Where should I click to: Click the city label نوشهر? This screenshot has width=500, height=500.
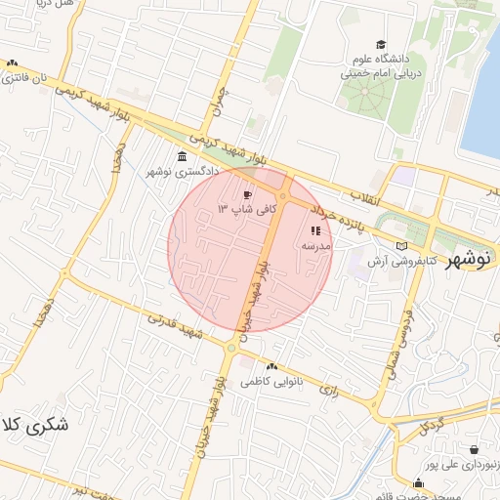coord(467,262)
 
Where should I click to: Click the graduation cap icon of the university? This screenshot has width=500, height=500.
coord(380,45)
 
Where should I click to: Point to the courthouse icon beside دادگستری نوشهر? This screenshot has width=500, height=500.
coord(183,157)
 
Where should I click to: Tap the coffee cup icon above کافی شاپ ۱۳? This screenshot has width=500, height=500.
coord(247,194)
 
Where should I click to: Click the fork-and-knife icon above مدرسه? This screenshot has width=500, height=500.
coord(315,231)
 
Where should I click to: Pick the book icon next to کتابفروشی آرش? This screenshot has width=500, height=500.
coord(402,245)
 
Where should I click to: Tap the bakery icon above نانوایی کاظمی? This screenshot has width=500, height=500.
coord(271,365)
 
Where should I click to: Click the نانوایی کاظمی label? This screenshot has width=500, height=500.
coord(268,380)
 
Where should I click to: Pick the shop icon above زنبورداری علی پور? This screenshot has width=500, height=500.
coord(475,450)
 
